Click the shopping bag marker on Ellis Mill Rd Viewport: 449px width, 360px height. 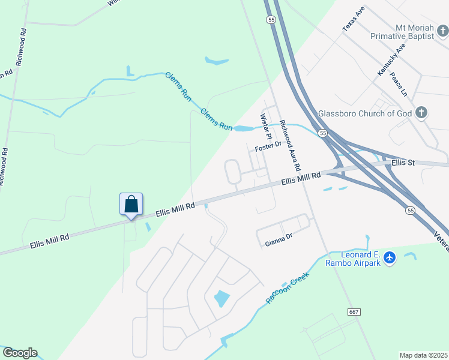pyautogui.click(x=131, y=205)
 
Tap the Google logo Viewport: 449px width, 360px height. pyautogui.click(x=20, y=353)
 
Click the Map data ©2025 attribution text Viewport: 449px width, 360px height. pyautogui.click(x=424, y=355)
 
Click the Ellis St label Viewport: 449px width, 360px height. pyautogui.click(x=403, y=163)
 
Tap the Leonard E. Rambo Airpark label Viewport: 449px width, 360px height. pyautogui.click(x=353, y=259)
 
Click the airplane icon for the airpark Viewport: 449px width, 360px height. pyautogui.click(x=390, y=257)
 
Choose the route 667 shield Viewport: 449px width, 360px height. pyautogui.click(x=354, y=311)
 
